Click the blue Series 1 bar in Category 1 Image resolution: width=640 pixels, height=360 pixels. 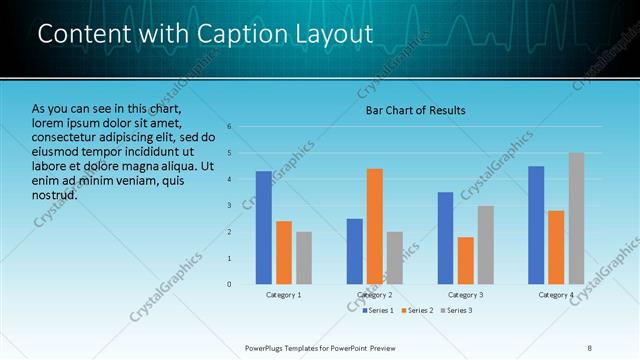263,228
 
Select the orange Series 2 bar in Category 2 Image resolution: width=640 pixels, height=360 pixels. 375,226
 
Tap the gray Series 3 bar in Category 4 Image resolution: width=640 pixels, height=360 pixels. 576,218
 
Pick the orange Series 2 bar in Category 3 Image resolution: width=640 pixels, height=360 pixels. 465,260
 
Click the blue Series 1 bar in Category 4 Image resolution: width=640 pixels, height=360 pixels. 536,225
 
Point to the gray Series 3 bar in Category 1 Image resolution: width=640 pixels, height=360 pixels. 304,258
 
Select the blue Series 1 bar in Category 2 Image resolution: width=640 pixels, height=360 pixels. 355,251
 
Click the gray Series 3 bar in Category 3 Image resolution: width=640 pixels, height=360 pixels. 485,245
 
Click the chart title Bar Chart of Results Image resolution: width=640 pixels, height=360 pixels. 414,110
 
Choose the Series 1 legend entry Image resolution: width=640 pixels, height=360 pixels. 376,311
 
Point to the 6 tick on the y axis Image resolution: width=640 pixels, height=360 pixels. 229,127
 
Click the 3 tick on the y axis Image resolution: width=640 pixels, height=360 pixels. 229,206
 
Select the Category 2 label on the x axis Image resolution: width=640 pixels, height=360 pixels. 375,295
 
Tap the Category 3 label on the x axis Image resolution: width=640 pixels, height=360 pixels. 465,295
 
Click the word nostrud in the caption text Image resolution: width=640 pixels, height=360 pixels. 54,193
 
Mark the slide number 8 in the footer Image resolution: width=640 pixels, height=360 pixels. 590,347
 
